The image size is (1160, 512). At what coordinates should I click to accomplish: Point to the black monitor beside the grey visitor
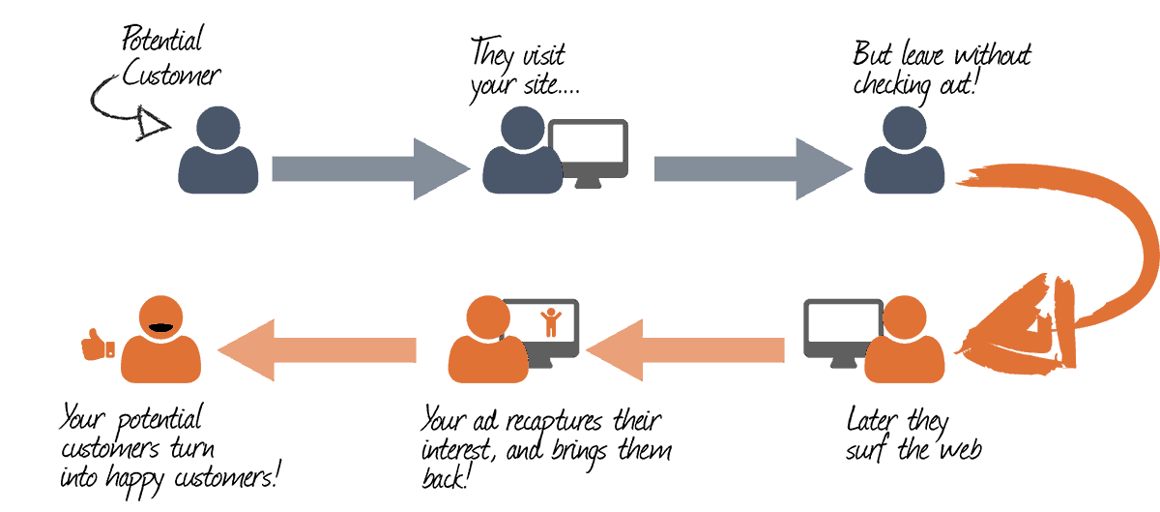tap(589, 150)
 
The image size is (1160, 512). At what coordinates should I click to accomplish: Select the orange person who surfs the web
tap(905, 338)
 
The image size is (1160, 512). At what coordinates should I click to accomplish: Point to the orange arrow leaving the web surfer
tap(685, 349)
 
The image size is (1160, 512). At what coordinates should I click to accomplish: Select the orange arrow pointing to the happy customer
tap(319, 349)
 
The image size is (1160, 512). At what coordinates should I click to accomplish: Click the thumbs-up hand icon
tap(97, 345)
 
